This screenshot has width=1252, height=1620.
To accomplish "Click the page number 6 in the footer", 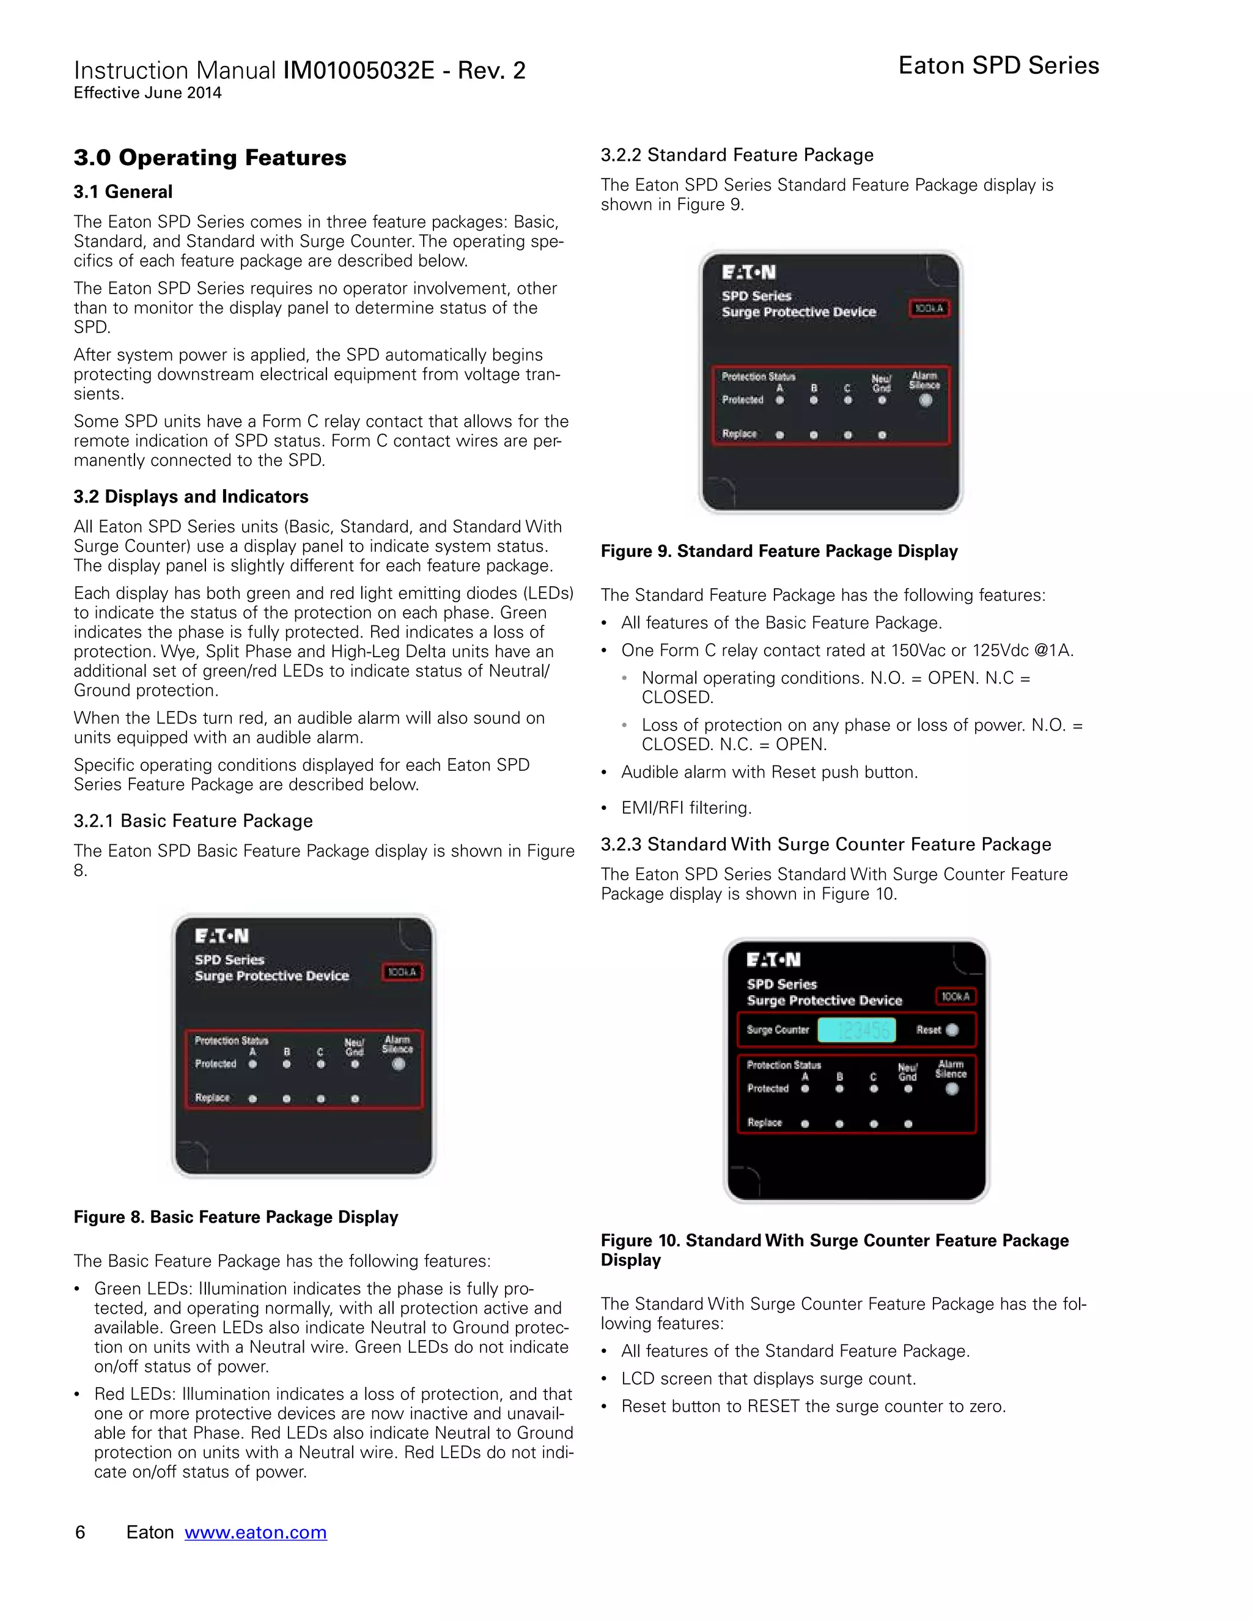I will click(x=80, y=1532).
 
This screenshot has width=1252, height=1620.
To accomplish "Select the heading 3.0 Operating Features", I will click(x=210, y=158).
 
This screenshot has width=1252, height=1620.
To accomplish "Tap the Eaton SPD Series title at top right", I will click(x=998, y=65).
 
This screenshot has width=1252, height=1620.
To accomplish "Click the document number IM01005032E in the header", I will click(x=358, y=70).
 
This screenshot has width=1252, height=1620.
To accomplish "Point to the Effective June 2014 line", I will click(x=147, y=94).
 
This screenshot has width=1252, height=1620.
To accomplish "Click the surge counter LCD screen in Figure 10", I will click(x=856, y=1029).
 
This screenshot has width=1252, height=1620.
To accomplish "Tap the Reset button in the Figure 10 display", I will click(x=952, y=1029).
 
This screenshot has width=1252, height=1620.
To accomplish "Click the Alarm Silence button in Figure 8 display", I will click(x=399, y=1064).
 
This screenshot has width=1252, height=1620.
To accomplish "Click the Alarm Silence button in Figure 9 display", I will click(x=926, y=400).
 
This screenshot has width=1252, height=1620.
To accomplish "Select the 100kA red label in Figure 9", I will click(x=929, y=308).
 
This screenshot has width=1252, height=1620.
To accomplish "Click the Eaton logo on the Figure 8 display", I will click(x=221, y=936).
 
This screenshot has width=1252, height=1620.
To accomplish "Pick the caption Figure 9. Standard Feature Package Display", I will click(x=779, y=551).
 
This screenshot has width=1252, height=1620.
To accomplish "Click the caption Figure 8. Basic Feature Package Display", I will click(x=236, y=1217).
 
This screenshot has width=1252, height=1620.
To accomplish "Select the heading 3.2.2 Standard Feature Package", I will click(x=737, y=155).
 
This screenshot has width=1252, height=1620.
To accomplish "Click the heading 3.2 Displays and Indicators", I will click(x=191, y=496).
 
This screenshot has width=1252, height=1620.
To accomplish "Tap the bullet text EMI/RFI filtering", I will click(x=686, y=808).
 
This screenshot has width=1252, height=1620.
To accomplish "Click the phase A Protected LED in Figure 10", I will click(x=805, y=1089).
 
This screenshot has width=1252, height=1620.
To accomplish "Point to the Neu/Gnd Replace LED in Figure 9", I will click(x=882, y=435).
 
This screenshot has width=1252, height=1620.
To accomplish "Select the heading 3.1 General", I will click(x=123, y=192).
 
